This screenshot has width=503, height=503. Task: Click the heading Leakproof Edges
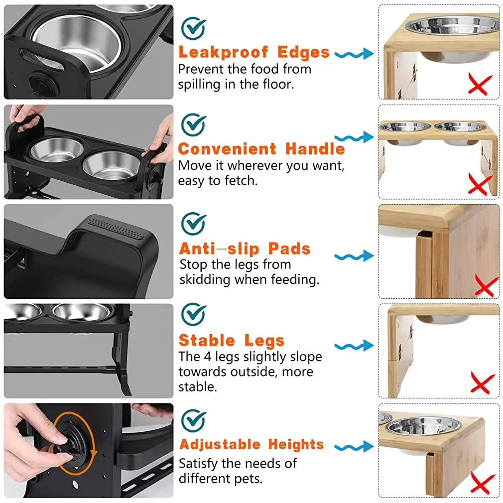[254, 52]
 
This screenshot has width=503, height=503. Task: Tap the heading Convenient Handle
[261, 149]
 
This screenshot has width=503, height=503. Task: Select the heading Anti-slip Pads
[245, 249]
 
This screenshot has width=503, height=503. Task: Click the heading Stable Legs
[232, 341]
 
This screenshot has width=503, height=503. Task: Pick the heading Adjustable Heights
[251, 444]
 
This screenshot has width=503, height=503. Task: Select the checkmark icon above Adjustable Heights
[194, 420]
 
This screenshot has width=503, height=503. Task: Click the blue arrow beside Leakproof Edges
[354, 54]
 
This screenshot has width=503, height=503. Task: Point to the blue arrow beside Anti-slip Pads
[354, 256]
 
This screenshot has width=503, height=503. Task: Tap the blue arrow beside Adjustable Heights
[354, 447]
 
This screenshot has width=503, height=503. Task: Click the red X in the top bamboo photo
[480, 84]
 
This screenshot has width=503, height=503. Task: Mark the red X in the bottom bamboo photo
[482, 483]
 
